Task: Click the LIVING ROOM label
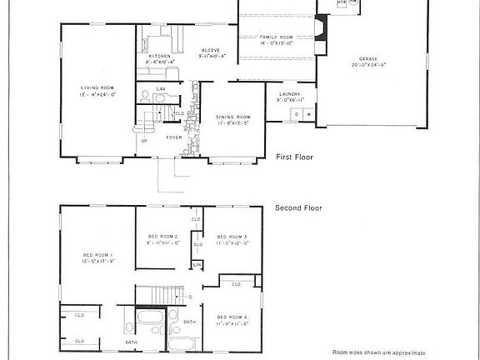click(97, 87)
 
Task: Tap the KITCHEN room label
click(160, 56)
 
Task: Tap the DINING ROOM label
click(233, 117)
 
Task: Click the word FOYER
click(173, 137)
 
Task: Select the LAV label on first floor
click(161, 87)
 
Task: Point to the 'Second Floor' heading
click(299, 209)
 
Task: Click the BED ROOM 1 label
click(97, 255)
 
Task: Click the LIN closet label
click(197, 264)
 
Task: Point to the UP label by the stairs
click(144, 141)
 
